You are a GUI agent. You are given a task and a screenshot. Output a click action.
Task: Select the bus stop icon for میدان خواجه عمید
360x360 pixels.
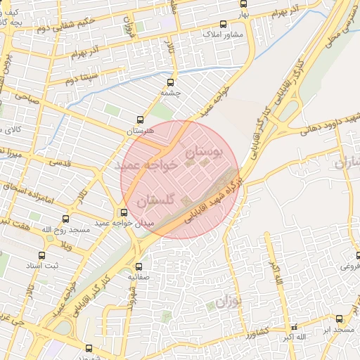pos(124,212)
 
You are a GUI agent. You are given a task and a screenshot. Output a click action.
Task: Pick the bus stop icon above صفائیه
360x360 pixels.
pos(139,266)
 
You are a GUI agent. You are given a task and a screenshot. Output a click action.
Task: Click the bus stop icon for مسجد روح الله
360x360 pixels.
pos(66,219)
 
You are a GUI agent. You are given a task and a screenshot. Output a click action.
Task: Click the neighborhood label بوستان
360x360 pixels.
pos(205,150)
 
